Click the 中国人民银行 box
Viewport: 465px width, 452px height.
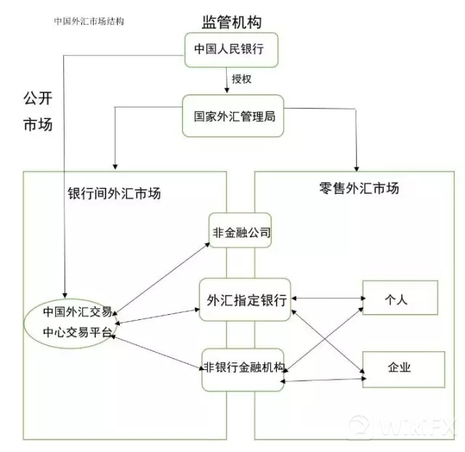pos(228,50)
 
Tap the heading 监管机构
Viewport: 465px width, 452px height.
pos(231,22)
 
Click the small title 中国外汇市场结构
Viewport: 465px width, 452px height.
pos(89,21)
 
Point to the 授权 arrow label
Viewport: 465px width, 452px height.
pos(241,78)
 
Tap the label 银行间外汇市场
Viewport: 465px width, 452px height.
pos(114,194)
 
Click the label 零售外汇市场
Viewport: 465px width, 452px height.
pos(359,188)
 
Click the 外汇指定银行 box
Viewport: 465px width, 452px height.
pos(246,298)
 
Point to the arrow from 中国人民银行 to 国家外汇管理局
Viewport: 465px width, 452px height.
pos(227,81)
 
